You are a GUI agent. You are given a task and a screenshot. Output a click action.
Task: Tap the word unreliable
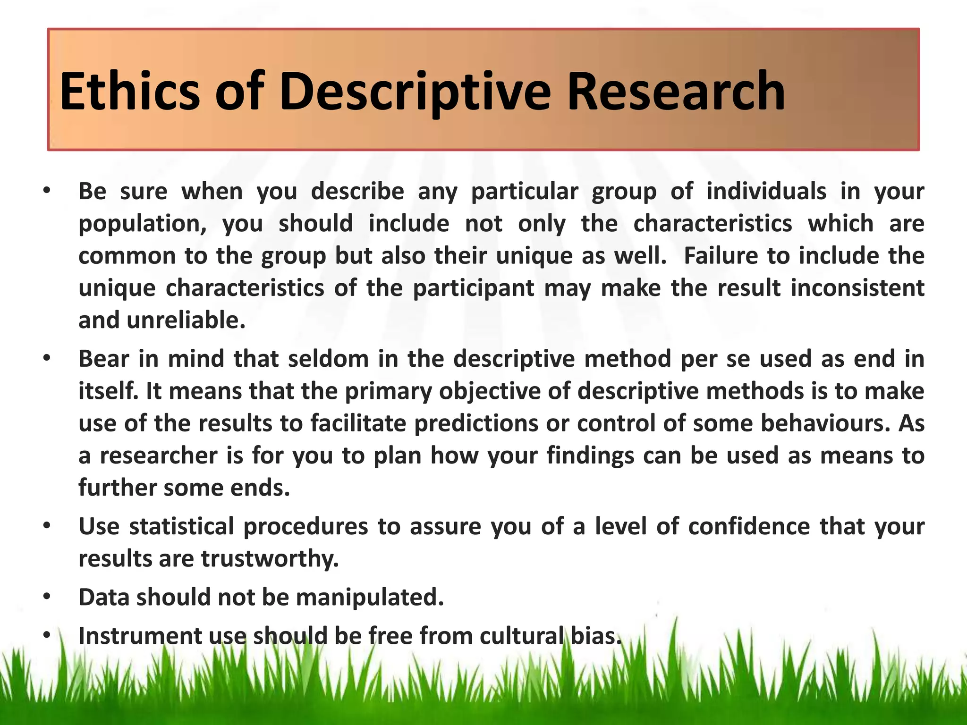tap(186, 320)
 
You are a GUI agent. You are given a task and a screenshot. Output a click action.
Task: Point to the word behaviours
tap(822, 423)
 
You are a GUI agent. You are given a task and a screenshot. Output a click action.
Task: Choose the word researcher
tap(159, 456)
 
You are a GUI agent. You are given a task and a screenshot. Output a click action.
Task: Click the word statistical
tap(181, 526)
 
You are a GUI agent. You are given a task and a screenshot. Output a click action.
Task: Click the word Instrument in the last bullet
tap(140, 636)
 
